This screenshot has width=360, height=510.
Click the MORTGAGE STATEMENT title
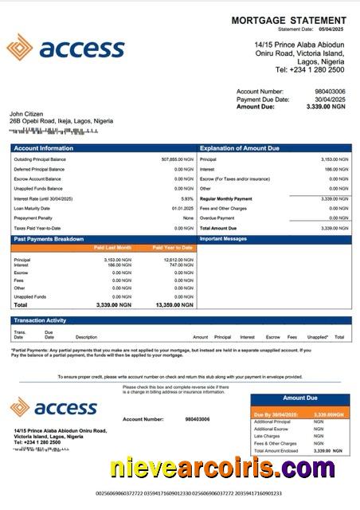coord(288,20)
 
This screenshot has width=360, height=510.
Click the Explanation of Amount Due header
coord(240,148)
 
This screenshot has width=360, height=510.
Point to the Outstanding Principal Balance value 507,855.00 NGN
coord(177,159)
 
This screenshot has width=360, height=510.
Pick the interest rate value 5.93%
coord(187,198)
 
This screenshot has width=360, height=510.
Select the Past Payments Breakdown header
coord(49,239)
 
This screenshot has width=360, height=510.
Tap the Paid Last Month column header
coord(113,248)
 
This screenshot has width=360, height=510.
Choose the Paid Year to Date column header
coord(172,248)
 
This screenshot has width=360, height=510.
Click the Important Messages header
coord(225,239)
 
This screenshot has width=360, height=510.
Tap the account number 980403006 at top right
coord(330,92)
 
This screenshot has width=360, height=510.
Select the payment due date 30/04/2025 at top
coord(329,99)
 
